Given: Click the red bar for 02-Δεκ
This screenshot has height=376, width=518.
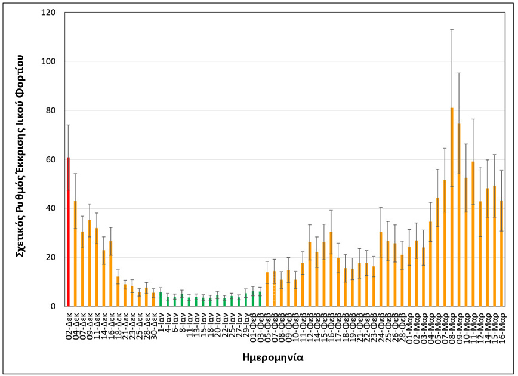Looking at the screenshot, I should point(68,233).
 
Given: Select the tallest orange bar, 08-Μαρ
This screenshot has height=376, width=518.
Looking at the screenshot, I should point(452,209).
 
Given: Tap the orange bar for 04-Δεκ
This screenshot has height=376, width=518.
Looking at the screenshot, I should point(75,254).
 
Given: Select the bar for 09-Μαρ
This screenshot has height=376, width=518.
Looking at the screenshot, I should point(459,215).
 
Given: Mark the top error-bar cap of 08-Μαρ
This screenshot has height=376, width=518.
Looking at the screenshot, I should point(452,29).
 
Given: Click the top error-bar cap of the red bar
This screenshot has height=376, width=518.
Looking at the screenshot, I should point(68,125).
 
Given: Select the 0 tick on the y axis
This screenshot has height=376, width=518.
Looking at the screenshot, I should point(53,306).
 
